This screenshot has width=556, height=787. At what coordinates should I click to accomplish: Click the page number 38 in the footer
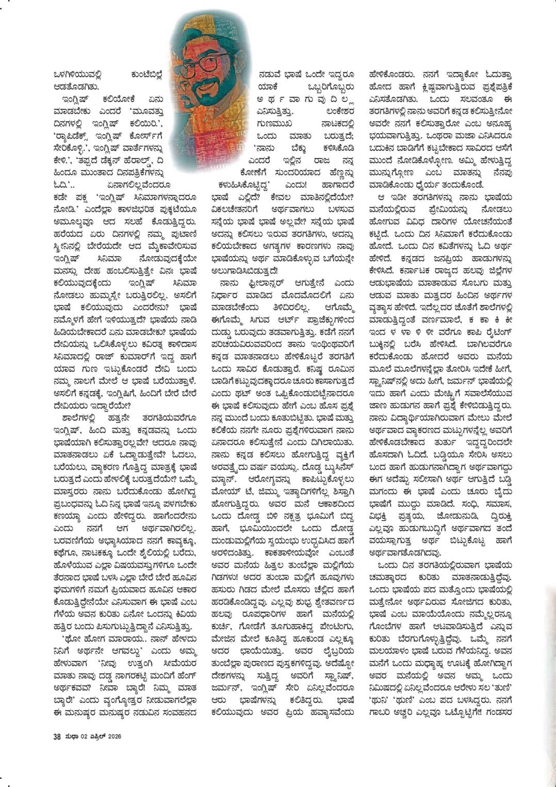[57, 736]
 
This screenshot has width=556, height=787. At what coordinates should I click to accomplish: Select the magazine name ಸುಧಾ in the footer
[71, 736]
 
